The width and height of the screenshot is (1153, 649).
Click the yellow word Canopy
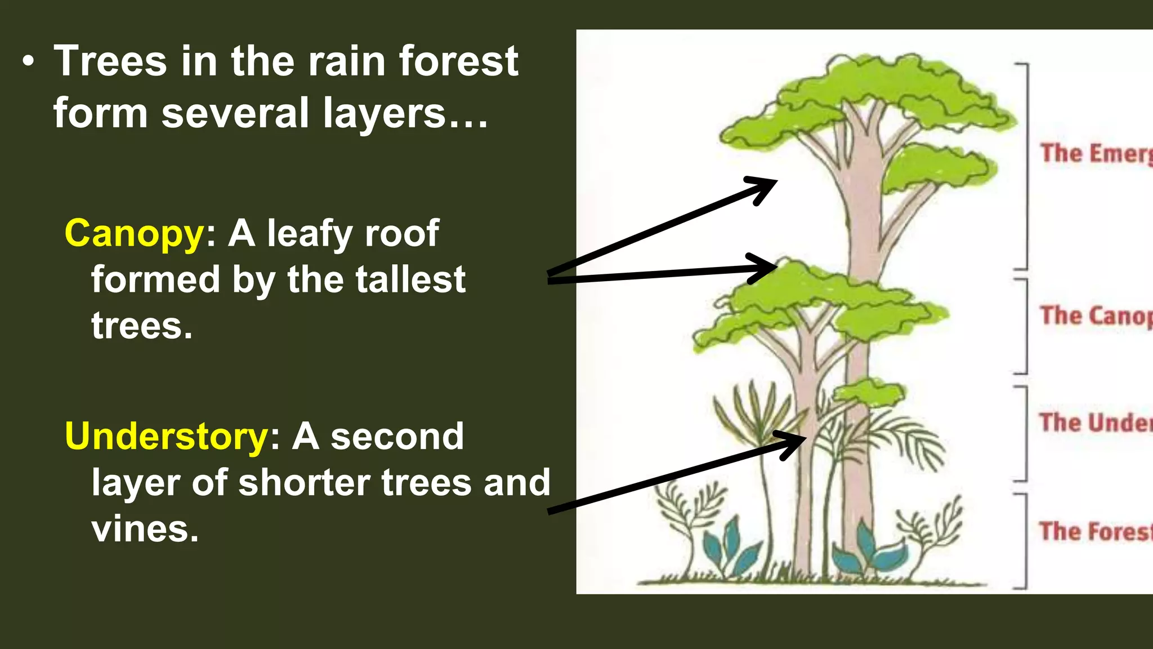(x=134, y=233)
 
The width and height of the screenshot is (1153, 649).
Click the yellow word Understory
(x=167, y=437)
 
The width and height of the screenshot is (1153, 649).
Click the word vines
(x=145, y=529)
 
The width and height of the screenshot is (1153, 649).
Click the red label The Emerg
(x=1095, y=153)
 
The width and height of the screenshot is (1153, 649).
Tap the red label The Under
(x=1095, y=423)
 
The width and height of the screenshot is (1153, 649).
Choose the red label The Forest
(x=1095, y=531)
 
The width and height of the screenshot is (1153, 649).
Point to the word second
(x=397, y=437)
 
